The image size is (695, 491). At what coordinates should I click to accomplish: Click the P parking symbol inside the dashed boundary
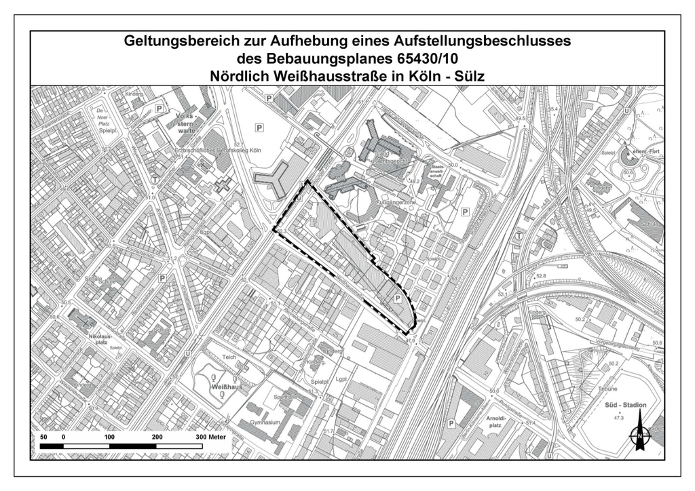[x=398, y=298]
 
